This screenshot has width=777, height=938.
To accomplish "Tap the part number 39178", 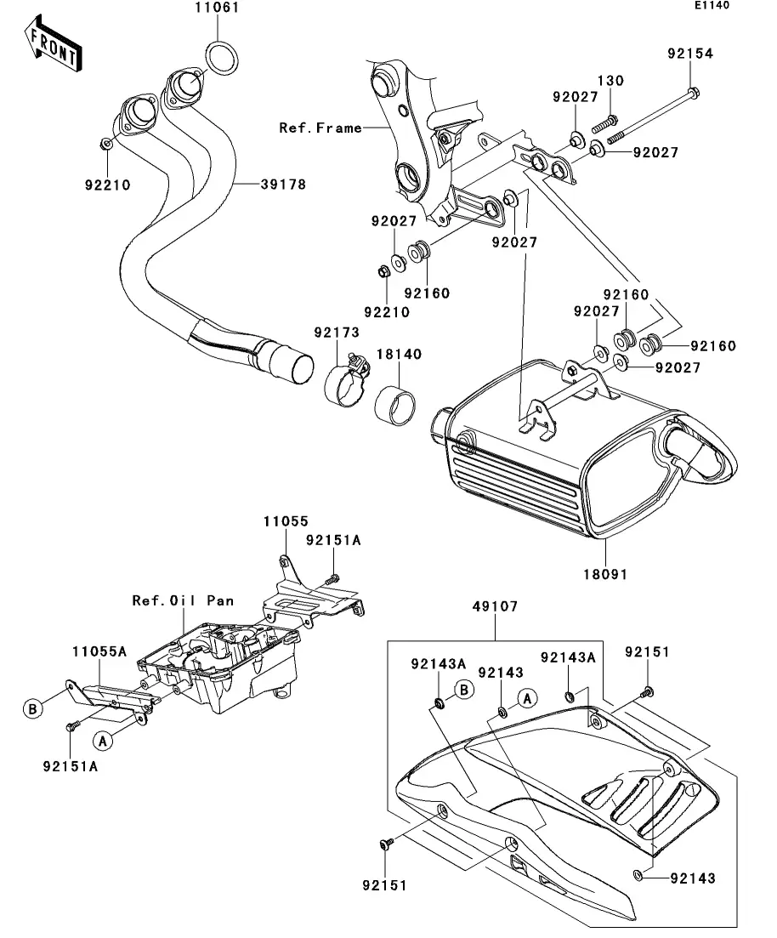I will coord(260,184).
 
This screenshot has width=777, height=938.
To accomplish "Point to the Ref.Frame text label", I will coord(320,128).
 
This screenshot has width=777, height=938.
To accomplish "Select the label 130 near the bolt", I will coord(610,81).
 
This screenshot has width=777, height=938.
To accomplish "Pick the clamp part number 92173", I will coord(336,332).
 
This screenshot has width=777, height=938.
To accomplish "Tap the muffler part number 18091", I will coord(605,574).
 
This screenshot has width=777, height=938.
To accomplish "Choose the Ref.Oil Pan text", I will coord(183,600).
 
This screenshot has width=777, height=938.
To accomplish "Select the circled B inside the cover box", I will coord(463,690).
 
